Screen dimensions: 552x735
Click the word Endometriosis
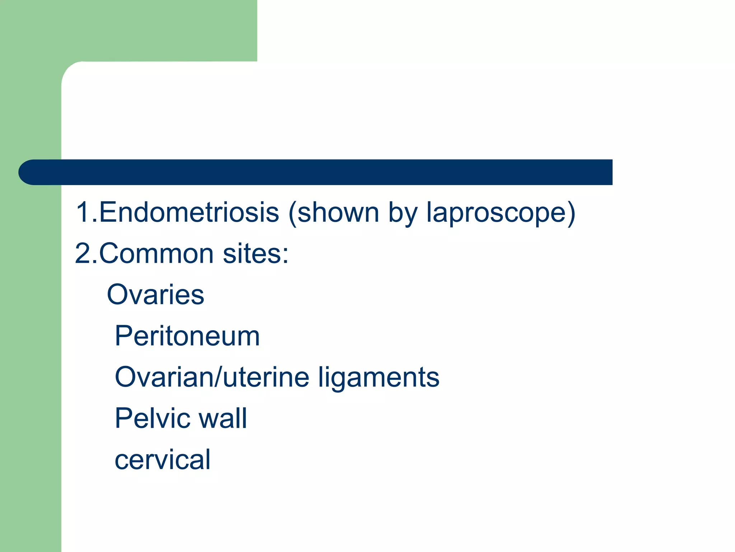[x=189, y=212]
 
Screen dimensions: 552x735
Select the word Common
[x=156, y=254]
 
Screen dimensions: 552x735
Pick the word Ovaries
[x=155, y=295]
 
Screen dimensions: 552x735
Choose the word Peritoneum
[x=187, y=336]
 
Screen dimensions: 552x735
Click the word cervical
[x=162, y=460]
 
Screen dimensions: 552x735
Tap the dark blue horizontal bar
[x=323, y=172]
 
